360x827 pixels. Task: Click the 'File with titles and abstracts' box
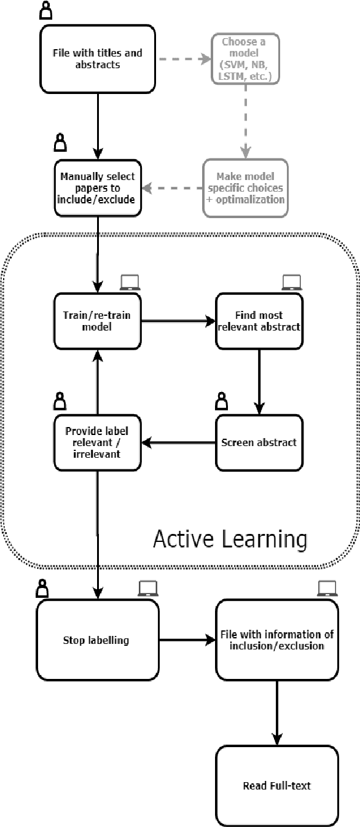(97, 58)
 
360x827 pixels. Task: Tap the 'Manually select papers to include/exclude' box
(98, 187)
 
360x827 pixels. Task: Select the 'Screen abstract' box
(259, 442)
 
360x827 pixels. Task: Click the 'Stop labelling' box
(96, 640)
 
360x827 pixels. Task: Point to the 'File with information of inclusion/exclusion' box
(276, 640)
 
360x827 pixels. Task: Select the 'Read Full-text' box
(276, 785)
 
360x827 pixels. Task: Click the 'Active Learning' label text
(229, 539)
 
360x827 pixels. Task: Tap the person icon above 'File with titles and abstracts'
(46, 10)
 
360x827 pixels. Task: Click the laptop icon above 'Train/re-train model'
(129, 282)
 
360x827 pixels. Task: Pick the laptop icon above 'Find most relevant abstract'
(290, 282)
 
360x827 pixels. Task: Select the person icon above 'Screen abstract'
(221, 402)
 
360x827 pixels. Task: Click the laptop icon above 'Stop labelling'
(147, 589)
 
